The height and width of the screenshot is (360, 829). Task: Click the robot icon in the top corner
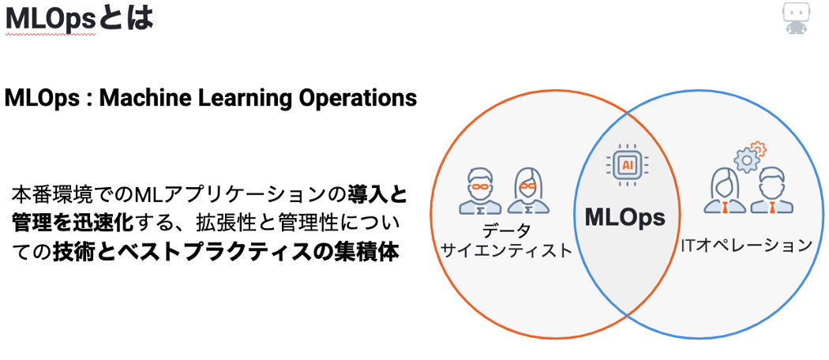point(796,18)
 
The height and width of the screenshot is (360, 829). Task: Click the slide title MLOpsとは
point(79,18)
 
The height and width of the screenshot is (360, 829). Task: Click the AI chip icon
point(628,165)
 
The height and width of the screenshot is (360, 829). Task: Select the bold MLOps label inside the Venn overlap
point(625,218)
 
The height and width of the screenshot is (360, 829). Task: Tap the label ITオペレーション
point(746,245)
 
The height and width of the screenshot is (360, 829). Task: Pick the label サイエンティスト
point(507,249)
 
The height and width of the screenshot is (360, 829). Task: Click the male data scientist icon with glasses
point(480,191)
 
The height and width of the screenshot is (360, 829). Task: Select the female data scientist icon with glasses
point(528,191)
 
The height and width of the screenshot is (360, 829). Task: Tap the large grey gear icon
point(746,159)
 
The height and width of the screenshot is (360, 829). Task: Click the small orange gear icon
point(759,148)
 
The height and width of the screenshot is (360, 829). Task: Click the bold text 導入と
point(377,194)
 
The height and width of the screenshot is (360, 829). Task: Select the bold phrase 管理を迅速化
point(71,223)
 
